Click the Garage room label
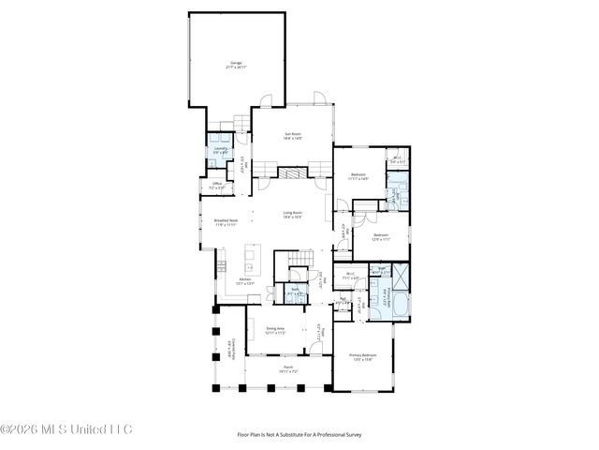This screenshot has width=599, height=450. tap(237, 65)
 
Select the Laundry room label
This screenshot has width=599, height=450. tap(220, 150)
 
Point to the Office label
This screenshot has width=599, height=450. tap(216, 186)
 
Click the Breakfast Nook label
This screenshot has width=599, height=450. tap(226, 223)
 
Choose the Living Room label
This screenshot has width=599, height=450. tap(293, 215)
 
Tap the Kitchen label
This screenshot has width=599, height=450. tap(244, 280)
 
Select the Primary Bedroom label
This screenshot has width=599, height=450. tap(363, 357)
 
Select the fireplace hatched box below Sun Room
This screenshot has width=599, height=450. tap(292, 172)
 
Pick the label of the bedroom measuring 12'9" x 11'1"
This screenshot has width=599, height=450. tap(380, 237)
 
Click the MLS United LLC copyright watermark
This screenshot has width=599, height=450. tap(67, 429)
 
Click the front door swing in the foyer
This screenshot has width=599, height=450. tap(320, 345)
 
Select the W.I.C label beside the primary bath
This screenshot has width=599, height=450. tap(351, 277)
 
